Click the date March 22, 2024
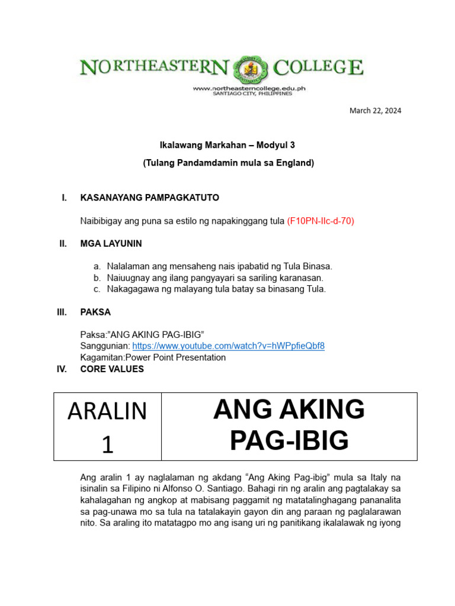375,111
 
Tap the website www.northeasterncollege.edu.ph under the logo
249,88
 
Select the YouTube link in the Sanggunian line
228,346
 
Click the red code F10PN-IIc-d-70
321,221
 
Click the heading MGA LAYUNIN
111,243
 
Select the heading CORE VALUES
112,369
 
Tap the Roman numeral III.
62,312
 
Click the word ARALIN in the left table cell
107,411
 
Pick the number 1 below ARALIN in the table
107,444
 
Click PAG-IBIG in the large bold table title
289,440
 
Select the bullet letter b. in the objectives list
97,278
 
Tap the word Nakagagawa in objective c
131,289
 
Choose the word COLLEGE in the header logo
321,67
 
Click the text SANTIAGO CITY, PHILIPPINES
252,94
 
